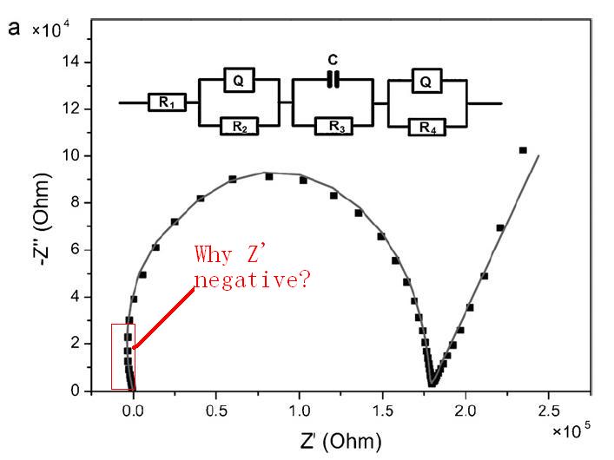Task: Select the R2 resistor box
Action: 239,127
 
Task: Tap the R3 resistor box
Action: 333,127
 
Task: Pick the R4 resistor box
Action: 426,127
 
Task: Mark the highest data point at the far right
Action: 523,150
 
